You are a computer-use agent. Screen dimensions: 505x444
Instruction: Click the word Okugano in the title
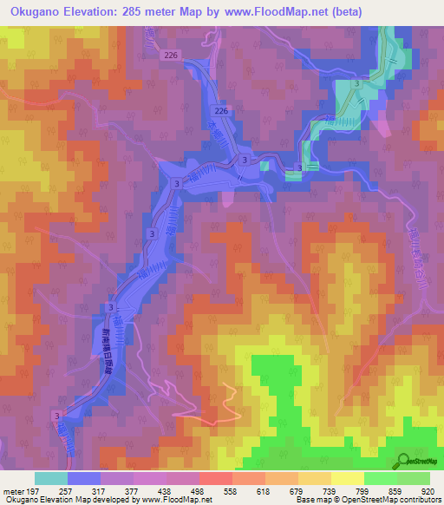34,12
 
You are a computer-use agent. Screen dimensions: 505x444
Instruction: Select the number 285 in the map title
147,12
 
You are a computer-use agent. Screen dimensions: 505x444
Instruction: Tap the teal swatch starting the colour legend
51,478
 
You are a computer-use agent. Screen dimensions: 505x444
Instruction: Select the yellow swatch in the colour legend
348,478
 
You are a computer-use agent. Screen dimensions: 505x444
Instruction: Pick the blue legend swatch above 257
84,478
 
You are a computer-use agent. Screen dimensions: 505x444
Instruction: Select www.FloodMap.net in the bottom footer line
177,500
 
